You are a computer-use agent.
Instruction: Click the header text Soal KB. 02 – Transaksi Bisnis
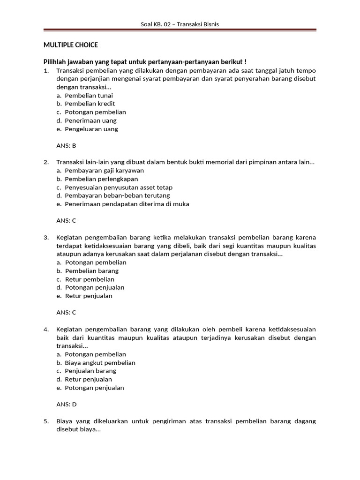(180, 24)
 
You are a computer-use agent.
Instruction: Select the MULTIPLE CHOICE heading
(71, 45)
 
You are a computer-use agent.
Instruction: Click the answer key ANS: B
(66, 145)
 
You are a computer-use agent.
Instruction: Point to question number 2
(46, 162)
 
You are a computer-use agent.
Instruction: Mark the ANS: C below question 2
(66, 220)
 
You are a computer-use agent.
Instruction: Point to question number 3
(46, 237)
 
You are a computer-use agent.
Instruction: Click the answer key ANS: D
(66, 404)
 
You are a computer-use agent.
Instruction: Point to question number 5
(46, 421)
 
